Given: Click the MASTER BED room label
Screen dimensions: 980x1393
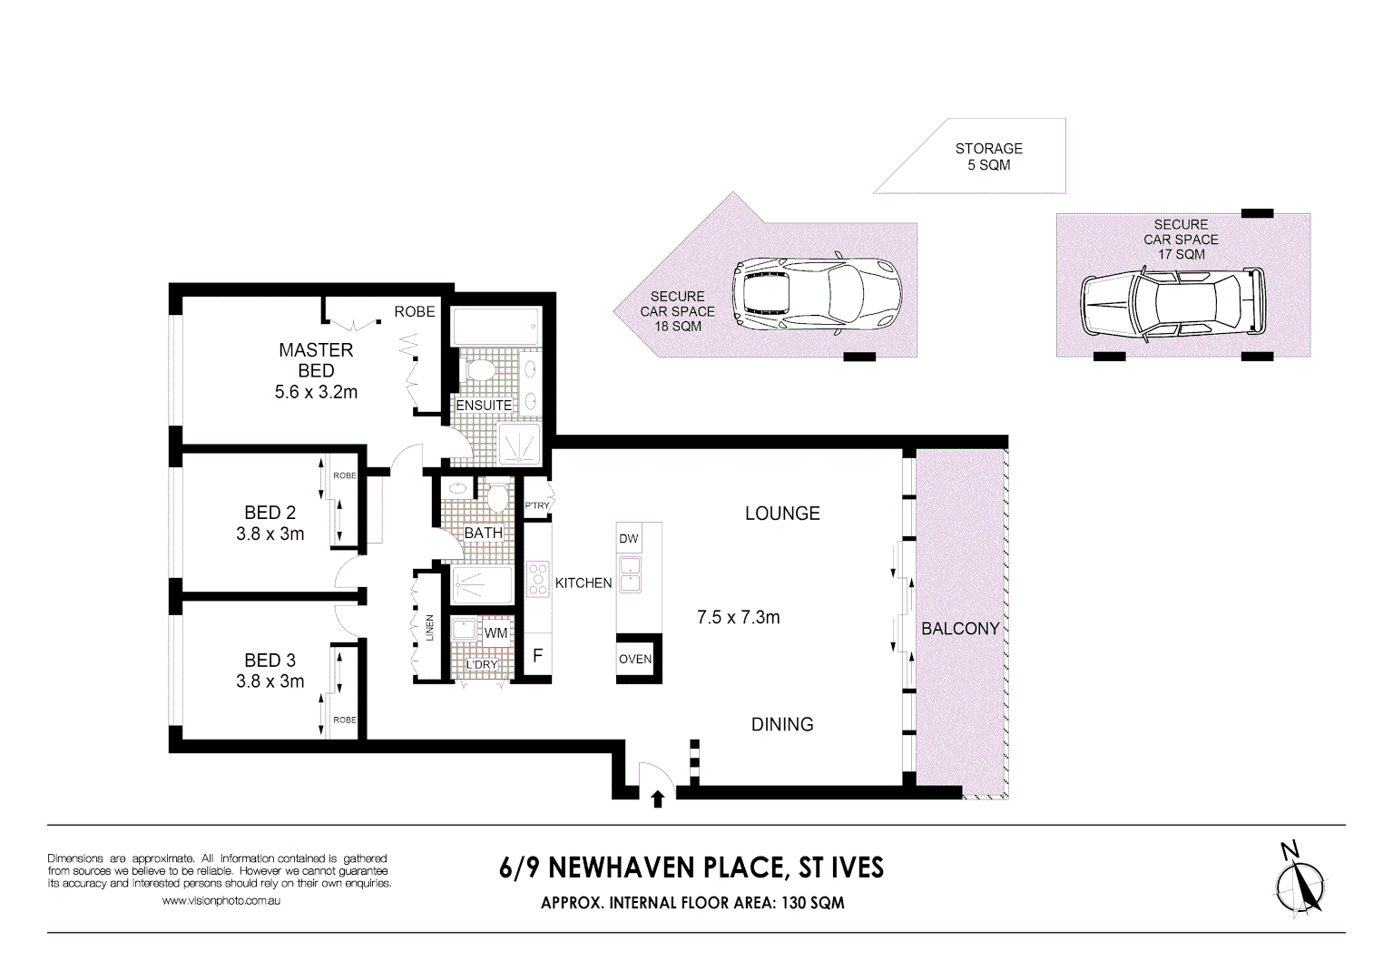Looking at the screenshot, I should click(316, 360).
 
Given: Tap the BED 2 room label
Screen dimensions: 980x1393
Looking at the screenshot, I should click(270, 514).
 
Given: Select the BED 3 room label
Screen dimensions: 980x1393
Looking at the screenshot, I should click(270, 661).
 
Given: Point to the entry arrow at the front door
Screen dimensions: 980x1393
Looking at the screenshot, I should click(658, 799).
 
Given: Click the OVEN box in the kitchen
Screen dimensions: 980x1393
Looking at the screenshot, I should click(635, 659).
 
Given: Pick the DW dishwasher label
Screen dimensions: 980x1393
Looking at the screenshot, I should click(629, 539).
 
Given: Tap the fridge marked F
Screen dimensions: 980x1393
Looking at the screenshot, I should click(537, 655).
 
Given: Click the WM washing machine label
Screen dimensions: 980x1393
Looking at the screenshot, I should click(495, 633).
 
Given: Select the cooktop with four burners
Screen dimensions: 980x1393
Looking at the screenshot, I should click(538, 580).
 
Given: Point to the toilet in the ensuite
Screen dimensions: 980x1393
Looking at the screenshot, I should click(478, 370).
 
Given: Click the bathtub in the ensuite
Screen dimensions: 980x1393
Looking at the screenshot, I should click(495, 326).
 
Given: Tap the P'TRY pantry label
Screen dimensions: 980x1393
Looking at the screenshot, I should click(537, 505).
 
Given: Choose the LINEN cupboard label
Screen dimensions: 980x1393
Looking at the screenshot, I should click(429, 628).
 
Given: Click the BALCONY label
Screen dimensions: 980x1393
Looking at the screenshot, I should click(960, 629).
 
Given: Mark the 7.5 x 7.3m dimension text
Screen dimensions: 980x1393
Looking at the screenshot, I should click(738, 618).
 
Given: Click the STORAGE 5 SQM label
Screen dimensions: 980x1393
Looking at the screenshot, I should click(988, 156).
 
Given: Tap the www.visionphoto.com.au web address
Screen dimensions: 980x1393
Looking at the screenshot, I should click(221, 901).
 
